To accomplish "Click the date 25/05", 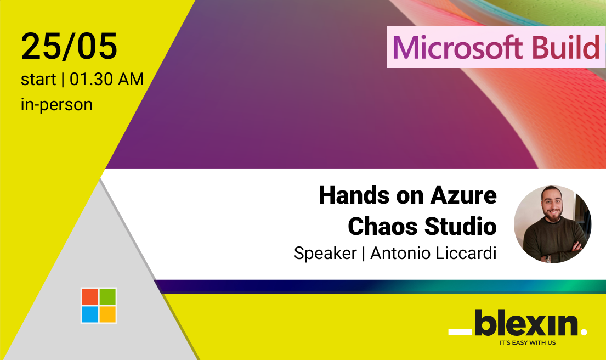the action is click(69, 47).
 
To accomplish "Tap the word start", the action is click(38, 79).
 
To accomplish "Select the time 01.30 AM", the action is click(107, 79).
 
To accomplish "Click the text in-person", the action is click(57, 104).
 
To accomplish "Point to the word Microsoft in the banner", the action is click(458, 48).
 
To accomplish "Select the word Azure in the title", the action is click(463, 195).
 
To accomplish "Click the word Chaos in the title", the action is click(382, 226).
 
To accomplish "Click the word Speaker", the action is click(325, 254).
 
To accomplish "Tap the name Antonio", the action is click(400, 254).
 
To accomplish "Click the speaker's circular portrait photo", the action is click(553, 224).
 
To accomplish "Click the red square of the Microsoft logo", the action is click(89, 296).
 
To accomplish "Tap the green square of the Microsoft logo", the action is click(107, 296).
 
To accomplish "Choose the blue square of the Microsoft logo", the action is click(89, 314).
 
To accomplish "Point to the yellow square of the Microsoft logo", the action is click(107, 314).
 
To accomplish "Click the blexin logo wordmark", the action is click(518, 323).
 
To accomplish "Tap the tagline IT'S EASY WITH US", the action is click(528, 342).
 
